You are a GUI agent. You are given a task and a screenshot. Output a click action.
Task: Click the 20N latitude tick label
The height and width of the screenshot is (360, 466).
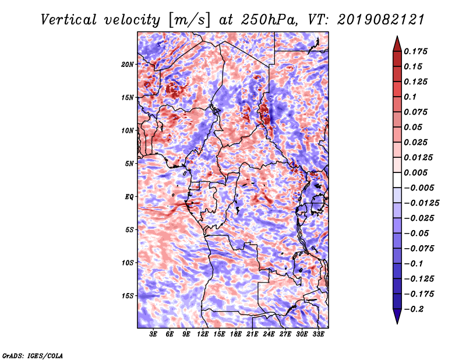[x=128, y=64]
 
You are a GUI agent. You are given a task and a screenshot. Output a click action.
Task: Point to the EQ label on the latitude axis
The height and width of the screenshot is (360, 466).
[x=129, y=196]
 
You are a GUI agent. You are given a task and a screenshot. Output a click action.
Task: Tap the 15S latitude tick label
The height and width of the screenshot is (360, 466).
[x=128, y=296]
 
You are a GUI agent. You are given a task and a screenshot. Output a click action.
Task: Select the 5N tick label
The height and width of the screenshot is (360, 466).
[x=129, y=164]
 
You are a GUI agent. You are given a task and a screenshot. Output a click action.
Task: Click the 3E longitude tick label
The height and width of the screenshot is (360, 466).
[x=153, y=334]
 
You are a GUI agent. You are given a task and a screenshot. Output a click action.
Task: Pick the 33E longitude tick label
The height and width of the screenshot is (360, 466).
[x=318, y=334]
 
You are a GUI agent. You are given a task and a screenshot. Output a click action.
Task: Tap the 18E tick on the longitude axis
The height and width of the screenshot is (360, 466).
[x=236, y=334]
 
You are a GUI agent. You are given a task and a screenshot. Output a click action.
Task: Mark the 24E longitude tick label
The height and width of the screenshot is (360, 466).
[x=269, y=334]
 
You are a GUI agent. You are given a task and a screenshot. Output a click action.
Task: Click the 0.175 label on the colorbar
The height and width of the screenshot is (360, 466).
[x=415, y=51]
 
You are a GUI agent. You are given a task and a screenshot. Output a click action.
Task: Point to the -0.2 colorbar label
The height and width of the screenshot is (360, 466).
[x=414, y=309]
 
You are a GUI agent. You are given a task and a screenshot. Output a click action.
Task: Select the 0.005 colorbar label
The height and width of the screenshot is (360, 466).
[x=415, y=172]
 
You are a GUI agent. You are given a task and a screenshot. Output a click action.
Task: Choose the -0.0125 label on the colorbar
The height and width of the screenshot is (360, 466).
[x=421, y=203]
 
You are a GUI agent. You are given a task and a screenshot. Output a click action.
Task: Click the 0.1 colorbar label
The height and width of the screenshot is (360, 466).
[x=410, y=97]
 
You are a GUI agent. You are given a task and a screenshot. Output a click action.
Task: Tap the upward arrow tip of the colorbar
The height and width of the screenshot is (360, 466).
[x=397, y=36]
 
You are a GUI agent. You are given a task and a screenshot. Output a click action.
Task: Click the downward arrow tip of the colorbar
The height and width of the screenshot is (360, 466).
[x=397, y=323]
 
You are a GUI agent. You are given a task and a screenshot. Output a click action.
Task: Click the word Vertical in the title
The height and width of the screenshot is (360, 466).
[x=69, y=20]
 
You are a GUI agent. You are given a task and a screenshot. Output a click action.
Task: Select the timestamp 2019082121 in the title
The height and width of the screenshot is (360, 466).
[x=381, y=20]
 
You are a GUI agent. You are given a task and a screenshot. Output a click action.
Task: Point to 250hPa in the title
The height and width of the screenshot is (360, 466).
[x=269, y=20]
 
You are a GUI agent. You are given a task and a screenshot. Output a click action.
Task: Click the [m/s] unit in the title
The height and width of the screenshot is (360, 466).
[x=189, y=20]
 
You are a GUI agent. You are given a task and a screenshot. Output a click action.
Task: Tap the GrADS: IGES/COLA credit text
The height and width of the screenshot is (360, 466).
[x=33, y=355]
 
